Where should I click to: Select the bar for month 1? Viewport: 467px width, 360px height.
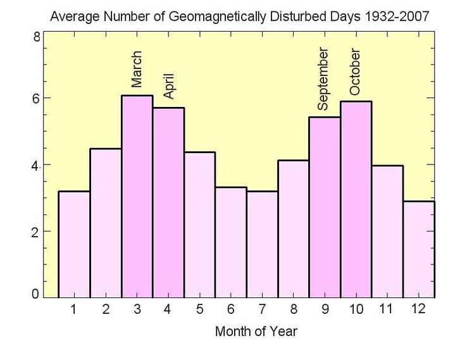pyautogui.click(x=74, y=244)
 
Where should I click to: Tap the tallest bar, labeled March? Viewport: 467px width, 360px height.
pyautogui.click(x=137, y=196)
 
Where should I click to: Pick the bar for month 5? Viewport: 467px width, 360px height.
pyautogui.click(x=199, y=225)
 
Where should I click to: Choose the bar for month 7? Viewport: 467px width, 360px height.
pyautogui.click(x=262, y=244)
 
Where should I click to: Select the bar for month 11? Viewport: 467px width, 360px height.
pyautogui.click(x=387, y=232)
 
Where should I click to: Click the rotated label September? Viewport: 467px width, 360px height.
pyautogui.click(x=323, y=80)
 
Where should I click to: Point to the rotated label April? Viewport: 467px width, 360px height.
pyautogui.click(x=168, y=85)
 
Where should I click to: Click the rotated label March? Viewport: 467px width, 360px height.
pyautogui.click(x=137, y=70)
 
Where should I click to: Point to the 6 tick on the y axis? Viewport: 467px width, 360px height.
pyautogui.click(x=37, y=99)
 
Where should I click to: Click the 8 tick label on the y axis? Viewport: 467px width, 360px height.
pyautogui.click(x=37, y=37)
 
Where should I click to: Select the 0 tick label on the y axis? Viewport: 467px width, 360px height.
pyautogui.click(x=37, y=293)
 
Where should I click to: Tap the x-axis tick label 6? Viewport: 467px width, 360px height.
pyautogui.click(x=230, y=309)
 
